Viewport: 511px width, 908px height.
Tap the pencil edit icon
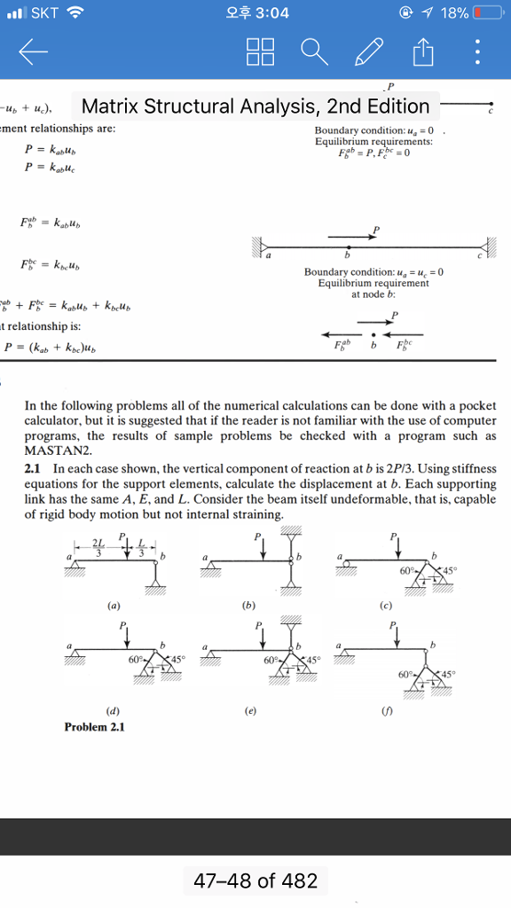coord(367,55)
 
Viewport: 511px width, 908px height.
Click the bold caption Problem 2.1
coord(94,726)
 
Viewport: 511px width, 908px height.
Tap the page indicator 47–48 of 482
coord(255,881)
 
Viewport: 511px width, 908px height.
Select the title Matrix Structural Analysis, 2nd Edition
coord(255,107)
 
